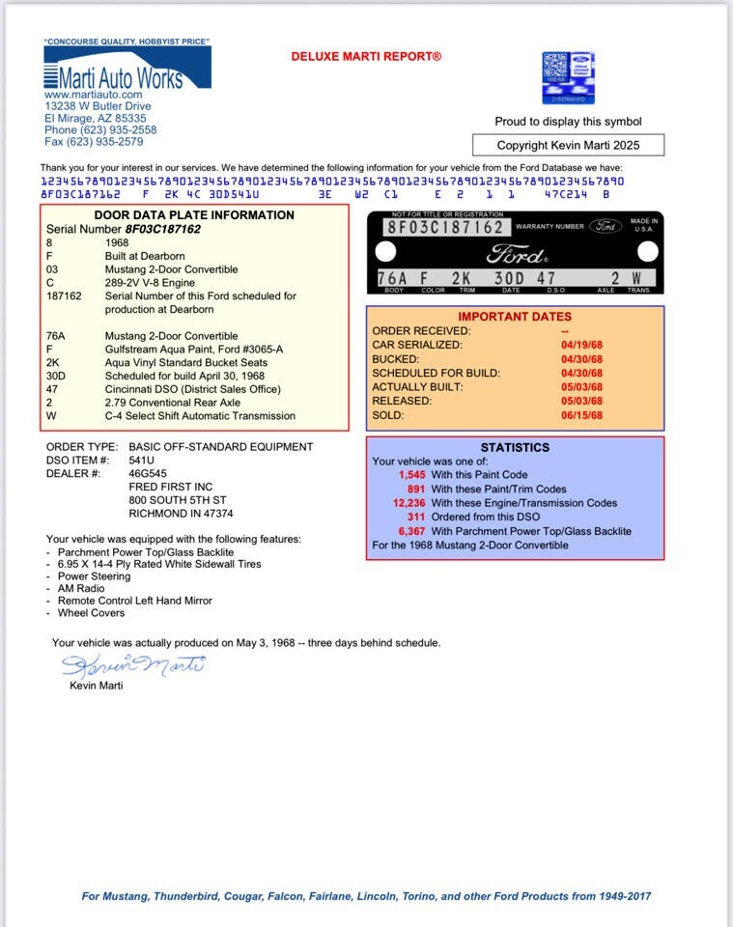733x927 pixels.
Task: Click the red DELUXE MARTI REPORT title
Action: [x=366, y=57]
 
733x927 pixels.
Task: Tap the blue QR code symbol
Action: [x=568, y=77]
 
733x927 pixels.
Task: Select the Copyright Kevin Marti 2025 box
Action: [x=568, y=146]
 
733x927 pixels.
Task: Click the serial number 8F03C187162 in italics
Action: [x=162, y=230]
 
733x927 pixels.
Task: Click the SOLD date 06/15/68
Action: [x=582, y=415]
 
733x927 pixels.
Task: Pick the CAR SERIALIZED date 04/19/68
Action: [x=582, y=345]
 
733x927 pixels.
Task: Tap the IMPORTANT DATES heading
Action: [x=514, y=317]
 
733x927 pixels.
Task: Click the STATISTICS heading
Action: [x=515, y=448]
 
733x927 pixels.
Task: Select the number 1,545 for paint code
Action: [x=411, y=475]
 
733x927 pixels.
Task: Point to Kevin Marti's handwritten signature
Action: [x=133, y=664]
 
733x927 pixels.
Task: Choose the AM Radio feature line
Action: [x=81, y=588]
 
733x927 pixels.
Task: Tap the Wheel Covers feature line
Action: [x=91, y=612]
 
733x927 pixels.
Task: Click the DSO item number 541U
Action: [x=144, y=461]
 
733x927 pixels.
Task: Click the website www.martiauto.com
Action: [x=93, y=96]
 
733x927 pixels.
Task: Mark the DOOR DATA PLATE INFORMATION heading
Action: [x=194, y=215]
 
